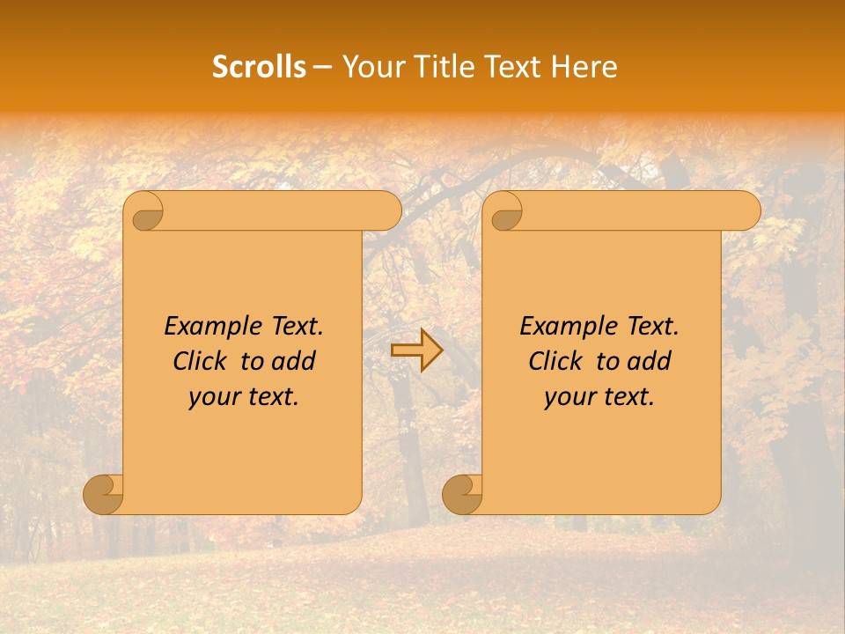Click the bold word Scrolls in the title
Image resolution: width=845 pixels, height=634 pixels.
pyautogui.click(x=259, y=67)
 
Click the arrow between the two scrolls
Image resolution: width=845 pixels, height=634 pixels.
pyautogui.click(x=416, y=350)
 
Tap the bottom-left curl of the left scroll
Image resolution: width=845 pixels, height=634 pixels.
pyautogui.click(x=103, y=495)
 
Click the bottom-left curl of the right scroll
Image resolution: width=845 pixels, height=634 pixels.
pyautogui.click(x=462, y=495)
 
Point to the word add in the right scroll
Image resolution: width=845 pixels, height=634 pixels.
pyautogui.click(x=650, y=362)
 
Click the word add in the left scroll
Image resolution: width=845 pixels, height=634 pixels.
pyautogui.click(x=294, y=362)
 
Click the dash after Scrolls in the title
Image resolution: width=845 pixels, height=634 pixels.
pyautogui.click(x=321, y=67)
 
